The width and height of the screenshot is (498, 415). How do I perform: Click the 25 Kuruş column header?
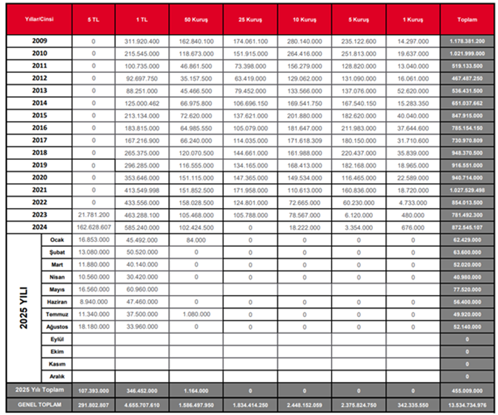click(250, 19)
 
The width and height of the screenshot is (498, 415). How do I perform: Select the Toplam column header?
click(467, 19)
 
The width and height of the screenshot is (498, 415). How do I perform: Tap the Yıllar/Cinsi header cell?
click(39, 19)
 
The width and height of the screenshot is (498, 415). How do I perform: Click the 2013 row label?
click(39, 91)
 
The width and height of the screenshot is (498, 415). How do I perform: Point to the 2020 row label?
click(39, 178)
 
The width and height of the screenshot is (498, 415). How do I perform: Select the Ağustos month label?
click(57, 327)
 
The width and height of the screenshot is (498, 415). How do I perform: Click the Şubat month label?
click(57, 252)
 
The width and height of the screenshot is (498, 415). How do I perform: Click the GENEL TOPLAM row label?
click(39, 405)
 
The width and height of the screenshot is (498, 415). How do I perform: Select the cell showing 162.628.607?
click(93, 227)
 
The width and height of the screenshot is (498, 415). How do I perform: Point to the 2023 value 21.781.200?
click(93, 215)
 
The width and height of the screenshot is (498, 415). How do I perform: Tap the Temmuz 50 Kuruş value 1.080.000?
click(196, 314)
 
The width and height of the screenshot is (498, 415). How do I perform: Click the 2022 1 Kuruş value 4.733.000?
click(413, 203)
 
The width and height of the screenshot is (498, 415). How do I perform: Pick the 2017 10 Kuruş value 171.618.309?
click(304, 141)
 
